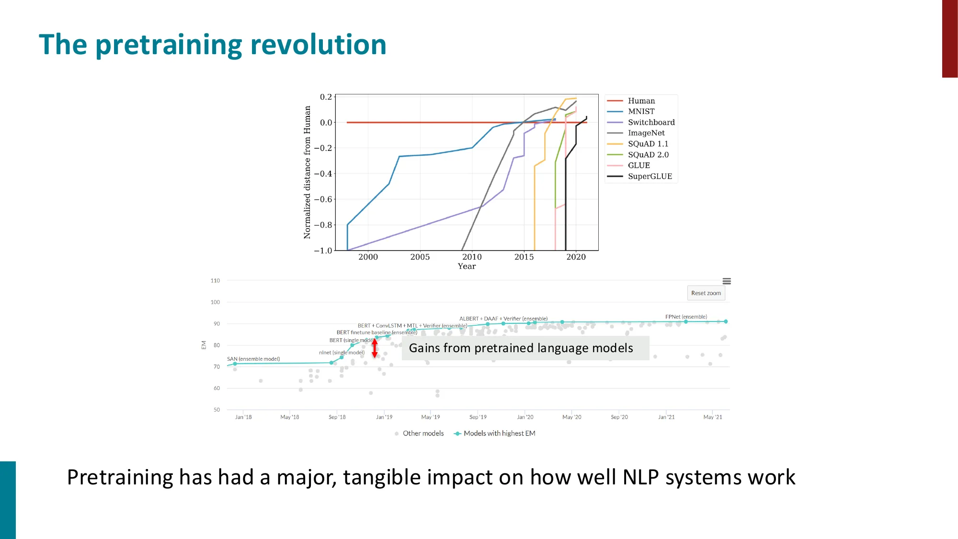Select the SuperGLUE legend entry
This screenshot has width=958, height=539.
[x=650, y=176]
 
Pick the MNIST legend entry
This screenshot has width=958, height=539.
[x=641, y=111]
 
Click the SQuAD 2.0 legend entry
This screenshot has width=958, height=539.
[x=648, y=155]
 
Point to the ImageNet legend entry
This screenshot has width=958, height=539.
[x=646, y=133]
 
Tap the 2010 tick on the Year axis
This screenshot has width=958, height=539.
[x=472, y=257]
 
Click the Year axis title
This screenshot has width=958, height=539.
[x=467, y=266]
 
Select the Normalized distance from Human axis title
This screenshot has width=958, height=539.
[x=307, y=172]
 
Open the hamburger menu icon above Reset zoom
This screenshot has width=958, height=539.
[x=726, y=281]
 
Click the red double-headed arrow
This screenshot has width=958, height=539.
[x=375, y=348]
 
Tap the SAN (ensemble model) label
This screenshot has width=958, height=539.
[x=253, y=359]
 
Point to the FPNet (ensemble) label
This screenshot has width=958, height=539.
[x=685, y=317]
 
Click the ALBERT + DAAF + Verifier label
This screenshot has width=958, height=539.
[x=503, y=319]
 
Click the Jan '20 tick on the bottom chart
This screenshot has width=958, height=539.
[x=525, y=417]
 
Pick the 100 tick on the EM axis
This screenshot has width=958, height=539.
[x=215, y=302]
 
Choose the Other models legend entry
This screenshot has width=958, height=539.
[x=422, y=433]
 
